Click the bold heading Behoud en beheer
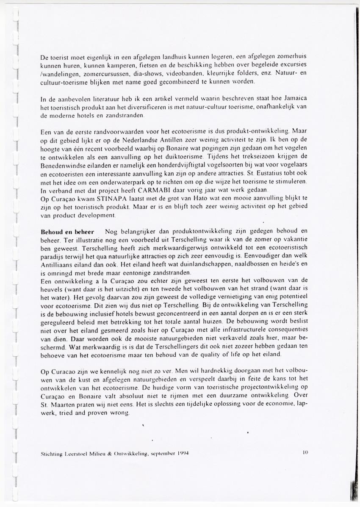(x=65, y=232)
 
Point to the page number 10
(x=305, y=452)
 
